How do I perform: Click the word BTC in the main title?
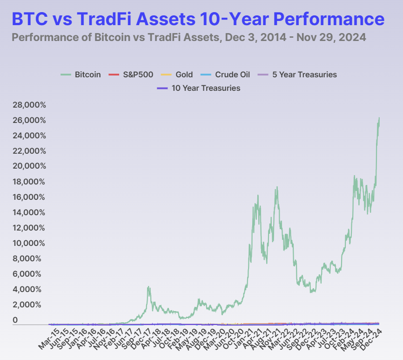coord(29,19)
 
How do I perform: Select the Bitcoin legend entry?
coord(87,75)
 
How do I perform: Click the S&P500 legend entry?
coord(136,75)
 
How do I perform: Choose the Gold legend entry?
coord(184,75)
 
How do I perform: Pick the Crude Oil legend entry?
coord(232,75)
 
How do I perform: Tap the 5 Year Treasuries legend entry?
coord(304,75)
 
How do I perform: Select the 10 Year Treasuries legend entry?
coord(206,88)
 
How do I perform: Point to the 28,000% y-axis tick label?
coord(30,105)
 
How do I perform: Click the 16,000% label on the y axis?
coord(30,197)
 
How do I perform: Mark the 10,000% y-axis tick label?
coord(30,244)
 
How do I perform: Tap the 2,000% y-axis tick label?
coord(30,305)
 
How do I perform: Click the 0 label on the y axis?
coord(15,320)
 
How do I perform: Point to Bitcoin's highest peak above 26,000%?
coord(379,118)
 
